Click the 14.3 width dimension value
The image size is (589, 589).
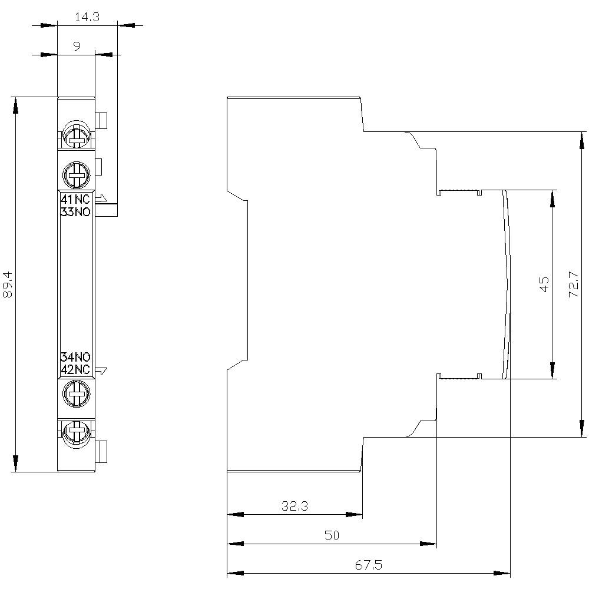87,18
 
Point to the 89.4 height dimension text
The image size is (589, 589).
8,284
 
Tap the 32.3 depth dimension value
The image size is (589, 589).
294,506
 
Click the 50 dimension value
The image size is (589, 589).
332,535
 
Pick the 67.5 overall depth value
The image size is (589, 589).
369,565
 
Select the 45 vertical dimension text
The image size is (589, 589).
544,284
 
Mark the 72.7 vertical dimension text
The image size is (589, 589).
573,284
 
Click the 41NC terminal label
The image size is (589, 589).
75,200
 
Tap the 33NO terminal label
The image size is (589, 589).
75,213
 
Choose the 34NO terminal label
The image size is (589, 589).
75,357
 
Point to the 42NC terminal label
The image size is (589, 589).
75,369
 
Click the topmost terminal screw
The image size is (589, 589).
75,135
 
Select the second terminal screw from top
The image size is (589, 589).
75,173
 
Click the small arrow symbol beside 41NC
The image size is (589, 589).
101,198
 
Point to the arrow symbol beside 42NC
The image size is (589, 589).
101,370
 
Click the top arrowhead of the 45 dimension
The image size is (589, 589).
552,198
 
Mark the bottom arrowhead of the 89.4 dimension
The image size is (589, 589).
15,463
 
